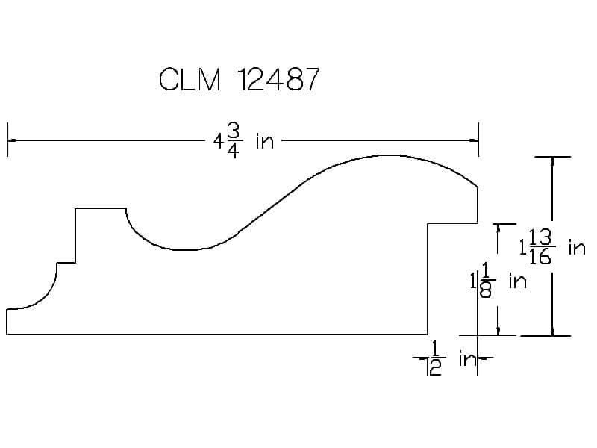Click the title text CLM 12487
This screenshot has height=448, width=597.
[239, 79]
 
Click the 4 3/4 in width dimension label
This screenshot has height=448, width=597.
[243, 141]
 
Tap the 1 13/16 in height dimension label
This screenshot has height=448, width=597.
[552, 248]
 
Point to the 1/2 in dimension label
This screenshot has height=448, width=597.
[453, 358]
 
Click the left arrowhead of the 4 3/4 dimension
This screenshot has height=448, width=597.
[12, 140]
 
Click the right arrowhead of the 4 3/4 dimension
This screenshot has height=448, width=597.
[474, 140]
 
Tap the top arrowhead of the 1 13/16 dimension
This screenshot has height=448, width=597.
[553, 161]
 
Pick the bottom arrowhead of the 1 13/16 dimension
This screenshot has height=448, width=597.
[553, 332]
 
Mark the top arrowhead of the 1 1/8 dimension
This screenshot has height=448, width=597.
[498, 228]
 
